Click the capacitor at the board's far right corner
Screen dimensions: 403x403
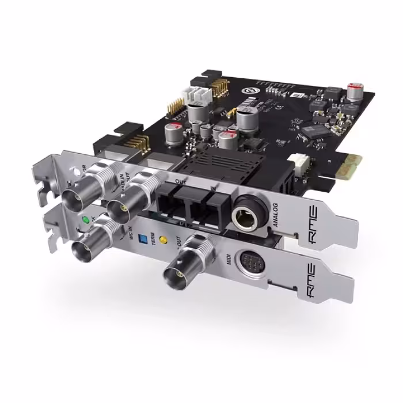355,91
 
